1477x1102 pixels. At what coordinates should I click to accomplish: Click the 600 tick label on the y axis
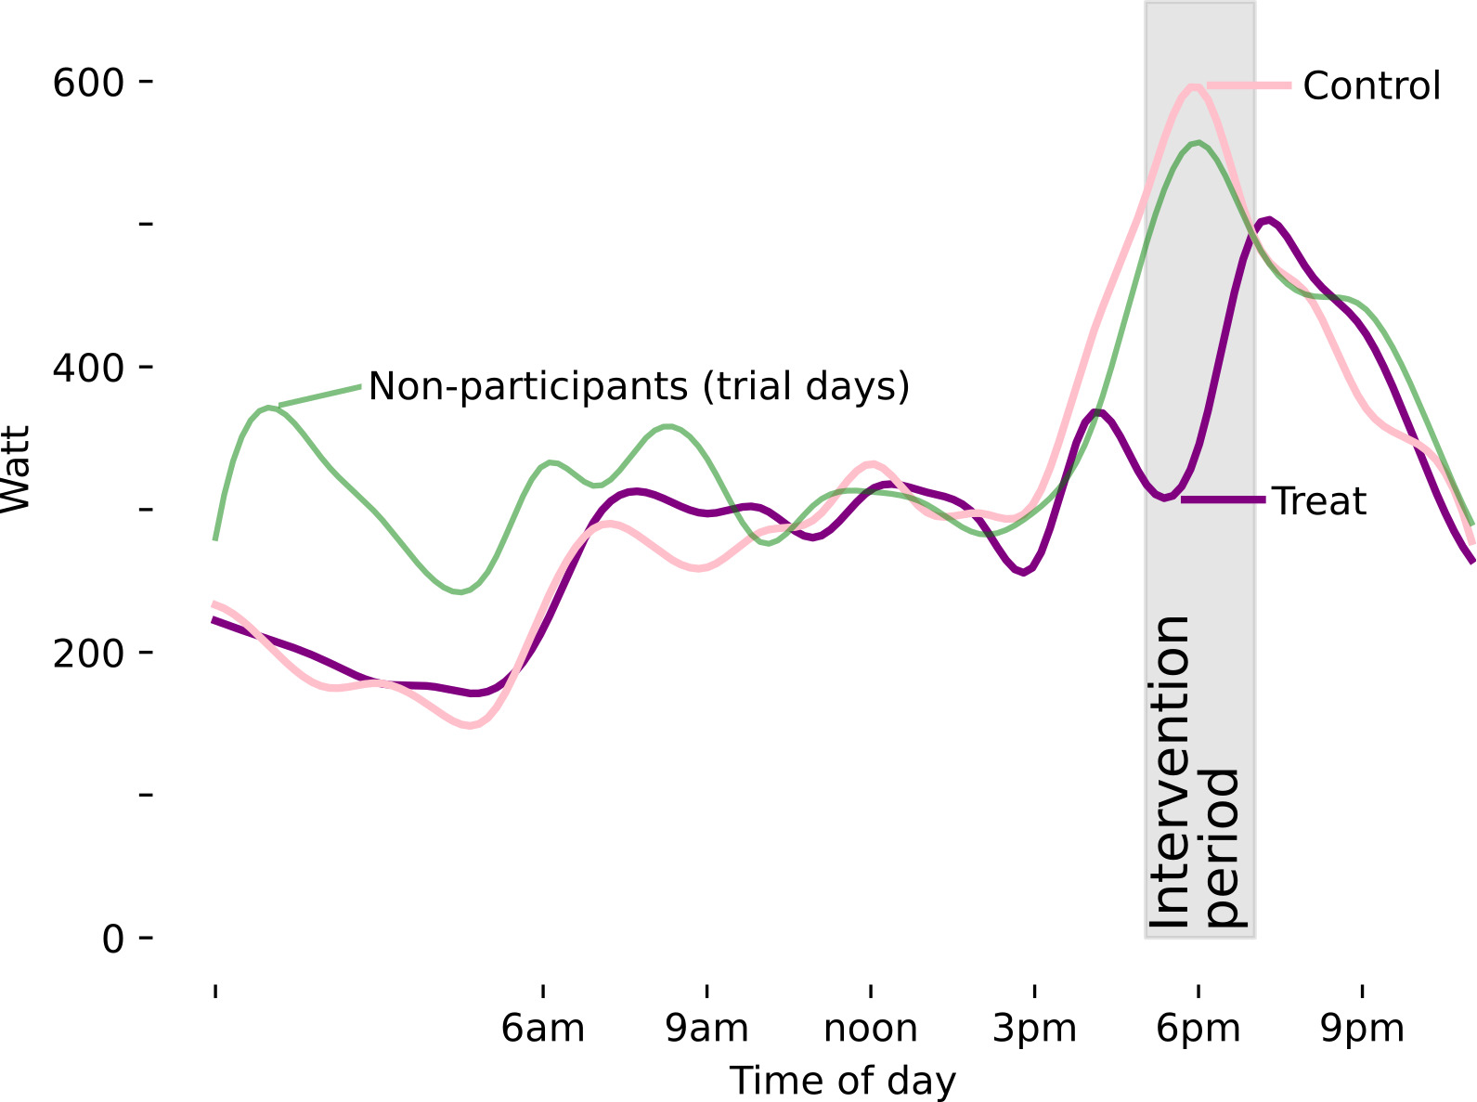[x=88, y=84]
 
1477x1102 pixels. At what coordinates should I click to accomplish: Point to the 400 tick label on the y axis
[x=88, y=369]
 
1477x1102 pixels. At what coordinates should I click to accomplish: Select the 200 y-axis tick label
[x=88, y=654]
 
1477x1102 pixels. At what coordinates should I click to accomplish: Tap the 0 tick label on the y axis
[x=113, y=940]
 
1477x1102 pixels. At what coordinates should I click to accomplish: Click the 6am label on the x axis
[x=543, y=1029]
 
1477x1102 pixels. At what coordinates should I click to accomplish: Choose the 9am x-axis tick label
[x=707, y=1029]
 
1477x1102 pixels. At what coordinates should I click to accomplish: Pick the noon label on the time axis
[x=871, y=1029]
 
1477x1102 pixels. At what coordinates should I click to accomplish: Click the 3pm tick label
[x=1035, y=1029]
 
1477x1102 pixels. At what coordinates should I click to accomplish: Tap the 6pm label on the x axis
[x=1198, y=1029]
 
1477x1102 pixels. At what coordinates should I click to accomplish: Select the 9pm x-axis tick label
[x=1362, y=1029]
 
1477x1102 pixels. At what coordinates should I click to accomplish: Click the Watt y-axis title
[x=17, y=468]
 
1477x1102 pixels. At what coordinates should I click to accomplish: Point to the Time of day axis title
[x=842, y=1082]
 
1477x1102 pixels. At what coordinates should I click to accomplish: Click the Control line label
[x=1371, y=86]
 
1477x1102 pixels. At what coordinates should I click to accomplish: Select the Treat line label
[x=1318, y=501]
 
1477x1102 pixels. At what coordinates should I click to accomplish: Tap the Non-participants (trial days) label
[x=639, y=385]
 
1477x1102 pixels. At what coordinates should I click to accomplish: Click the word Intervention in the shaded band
[x=1171, y=771]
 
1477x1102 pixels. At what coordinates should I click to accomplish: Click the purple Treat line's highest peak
[x=1267, y=220]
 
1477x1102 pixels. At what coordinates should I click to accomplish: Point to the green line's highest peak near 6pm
[x=1198, y=143]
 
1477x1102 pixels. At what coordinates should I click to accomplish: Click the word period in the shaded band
[x=1223, y=847]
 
